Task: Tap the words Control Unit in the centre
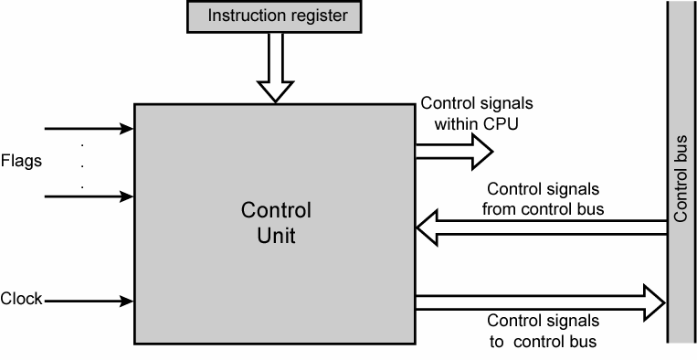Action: click(x=276, y=223)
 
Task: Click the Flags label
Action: click(x=22, y=161)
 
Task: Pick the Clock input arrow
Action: click(x=90, y=300)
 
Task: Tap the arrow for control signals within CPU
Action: click(x=452, y=152)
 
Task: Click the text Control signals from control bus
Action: click(x=543, y=198)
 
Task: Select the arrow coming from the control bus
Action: click(x=539, y=228)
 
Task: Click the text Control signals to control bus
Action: click(x=543, y=331)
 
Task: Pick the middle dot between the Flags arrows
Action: click(x=83, y=164)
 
